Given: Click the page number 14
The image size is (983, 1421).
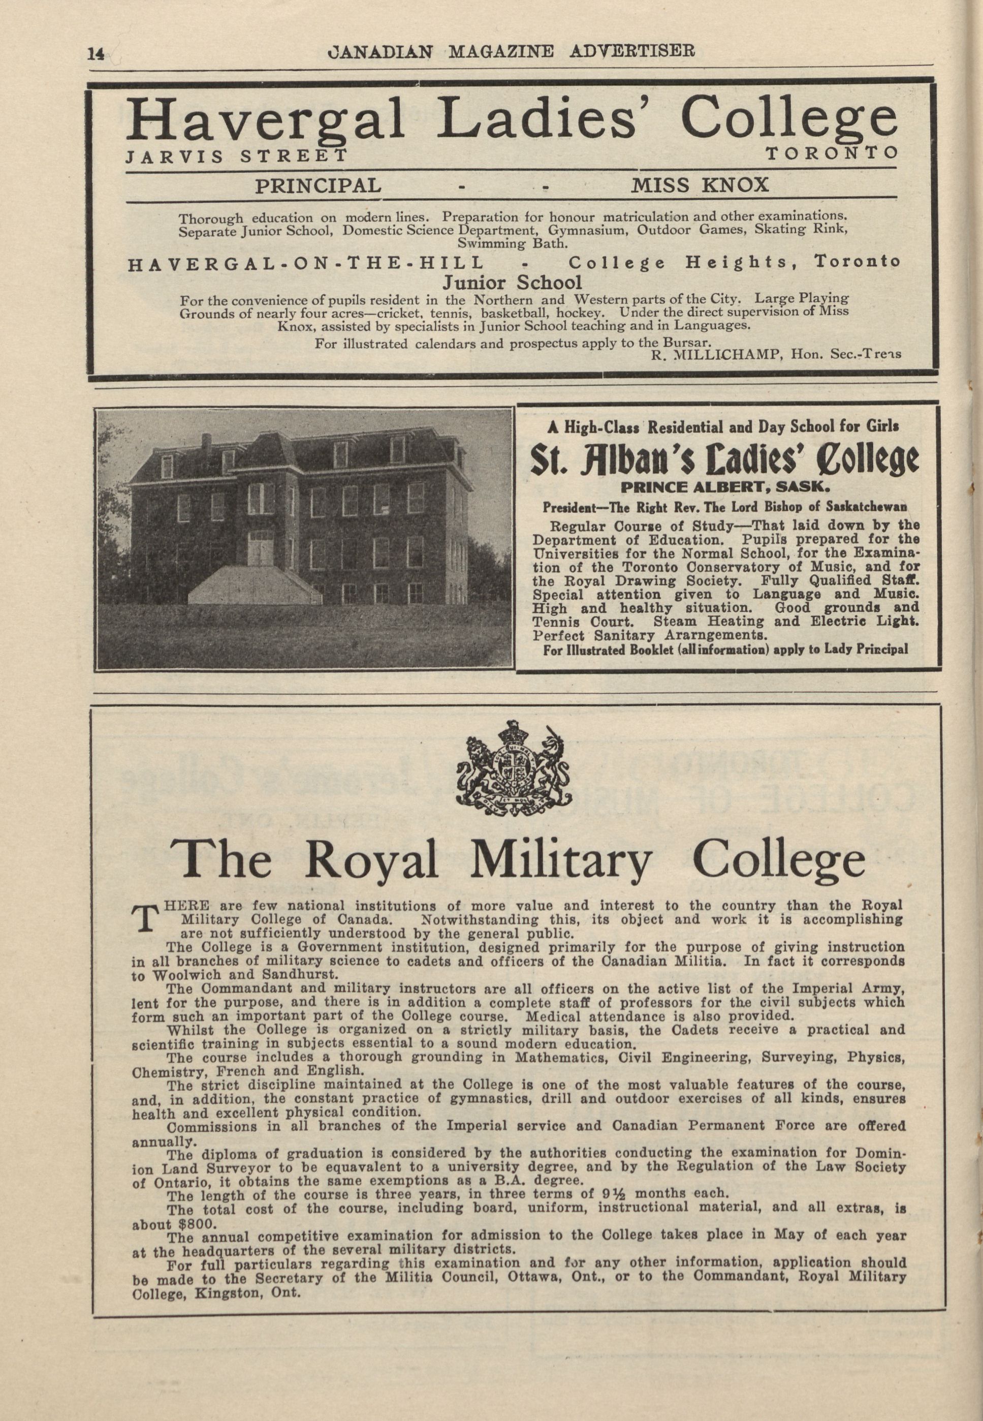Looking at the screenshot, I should click(x=96, y=54).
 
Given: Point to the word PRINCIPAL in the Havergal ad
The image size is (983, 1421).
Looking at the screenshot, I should click(x=318, y=185).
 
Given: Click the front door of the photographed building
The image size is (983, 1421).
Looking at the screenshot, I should click(x=261, y=550).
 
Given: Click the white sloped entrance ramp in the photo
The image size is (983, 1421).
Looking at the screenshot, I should click(x=254, y=585).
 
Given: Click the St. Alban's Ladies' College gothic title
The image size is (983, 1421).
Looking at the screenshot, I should click(x=725, y=459).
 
